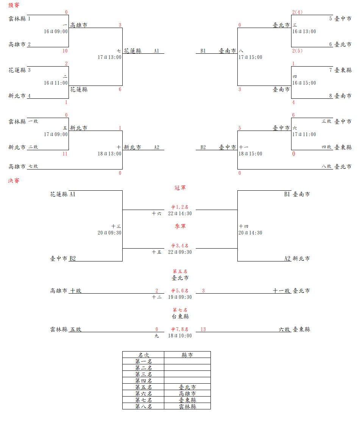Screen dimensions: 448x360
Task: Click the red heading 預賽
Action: [x=14, y=5]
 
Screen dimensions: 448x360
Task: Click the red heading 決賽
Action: [x=14, y=180]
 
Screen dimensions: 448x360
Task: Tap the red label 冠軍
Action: [x=180, y=187]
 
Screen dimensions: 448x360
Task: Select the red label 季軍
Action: [x=180, y=226]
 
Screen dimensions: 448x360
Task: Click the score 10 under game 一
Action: [x=65, y=51]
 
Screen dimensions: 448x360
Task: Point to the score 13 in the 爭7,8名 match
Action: [x=203, y=329]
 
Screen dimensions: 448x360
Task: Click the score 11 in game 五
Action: [x=65, y=154]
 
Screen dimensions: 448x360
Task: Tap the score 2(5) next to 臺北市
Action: [x=297, y=51]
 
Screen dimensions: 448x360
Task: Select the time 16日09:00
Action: [x=56, y=31]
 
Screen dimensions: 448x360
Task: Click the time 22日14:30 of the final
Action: [x=180, y=213]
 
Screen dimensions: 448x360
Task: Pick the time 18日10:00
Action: [x=180, y=336]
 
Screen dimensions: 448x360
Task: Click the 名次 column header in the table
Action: [x=143, y=355]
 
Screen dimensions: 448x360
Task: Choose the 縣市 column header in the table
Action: [x=187, y=355]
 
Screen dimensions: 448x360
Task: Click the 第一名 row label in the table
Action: [x=143, y=361]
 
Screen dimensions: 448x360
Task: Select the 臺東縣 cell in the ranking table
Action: [x=187, y=400]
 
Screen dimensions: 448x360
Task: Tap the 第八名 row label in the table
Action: [x=143, y=406]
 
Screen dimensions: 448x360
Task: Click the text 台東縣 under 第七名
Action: [x=180, y=316]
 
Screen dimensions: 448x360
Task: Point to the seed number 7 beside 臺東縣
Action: [x=331, y=70]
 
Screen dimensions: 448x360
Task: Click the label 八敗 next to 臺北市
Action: [x=327, y=166]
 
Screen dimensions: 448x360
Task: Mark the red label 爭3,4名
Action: [x=180, y=246]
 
